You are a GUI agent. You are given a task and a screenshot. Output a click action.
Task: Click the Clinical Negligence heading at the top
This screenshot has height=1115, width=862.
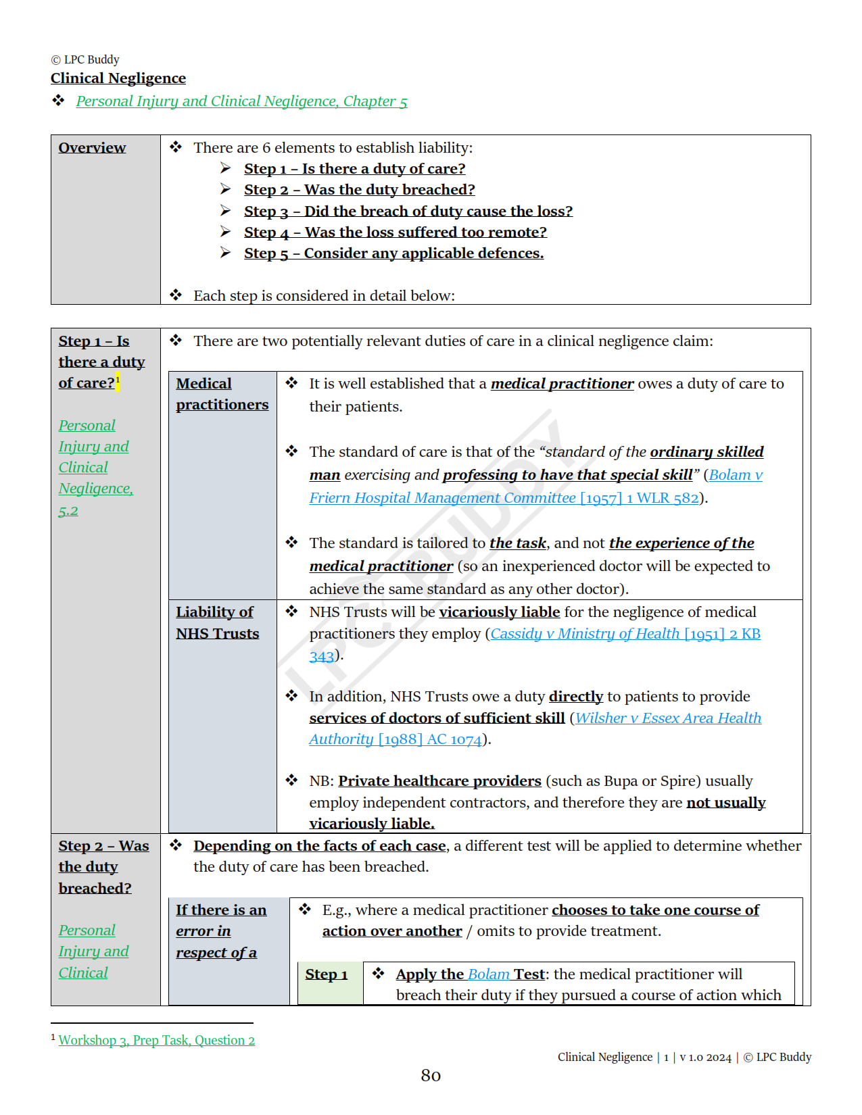coord(118,78)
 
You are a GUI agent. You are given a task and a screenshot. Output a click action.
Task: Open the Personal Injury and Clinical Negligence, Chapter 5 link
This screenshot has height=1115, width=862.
coord(241,101)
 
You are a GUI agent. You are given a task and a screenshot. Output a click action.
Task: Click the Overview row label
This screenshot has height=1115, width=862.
coord(92,148)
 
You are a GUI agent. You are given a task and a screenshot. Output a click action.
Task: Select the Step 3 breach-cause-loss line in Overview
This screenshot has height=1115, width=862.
coord(408,212)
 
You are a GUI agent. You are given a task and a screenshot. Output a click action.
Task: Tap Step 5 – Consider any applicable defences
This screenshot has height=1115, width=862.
coord(393,253)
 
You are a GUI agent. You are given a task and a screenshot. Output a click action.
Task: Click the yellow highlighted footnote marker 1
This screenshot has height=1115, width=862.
coord(118,380)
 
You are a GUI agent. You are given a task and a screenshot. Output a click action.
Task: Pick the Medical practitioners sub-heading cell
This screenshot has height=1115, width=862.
coord(222,394)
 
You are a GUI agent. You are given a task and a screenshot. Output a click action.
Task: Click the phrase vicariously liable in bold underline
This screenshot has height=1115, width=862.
coord(499,612)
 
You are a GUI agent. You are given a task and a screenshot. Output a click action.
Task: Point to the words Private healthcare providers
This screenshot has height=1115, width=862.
coord(439,781)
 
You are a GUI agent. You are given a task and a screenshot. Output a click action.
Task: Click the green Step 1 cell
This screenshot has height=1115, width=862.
coord(327,974)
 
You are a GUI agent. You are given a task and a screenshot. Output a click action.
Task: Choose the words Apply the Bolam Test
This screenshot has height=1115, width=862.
coord(470,974)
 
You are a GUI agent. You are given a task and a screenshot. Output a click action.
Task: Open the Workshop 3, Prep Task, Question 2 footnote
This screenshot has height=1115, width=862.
coord(156,1041)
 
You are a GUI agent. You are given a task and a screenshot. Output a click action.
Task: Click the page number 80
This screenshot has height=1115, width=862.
coord(431,1075)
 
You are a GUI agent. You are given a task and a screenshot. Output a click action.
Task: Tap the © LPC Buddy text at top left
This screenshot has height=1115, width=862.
coord(85,59)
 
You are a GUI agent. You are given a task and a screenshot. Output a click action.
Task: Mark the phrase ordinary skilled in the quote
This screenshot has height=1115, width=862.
coord(707,452)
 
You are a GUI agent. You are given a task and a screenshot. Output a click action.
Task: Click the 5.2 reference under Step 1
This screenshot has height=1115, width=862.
coord(68,511)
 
